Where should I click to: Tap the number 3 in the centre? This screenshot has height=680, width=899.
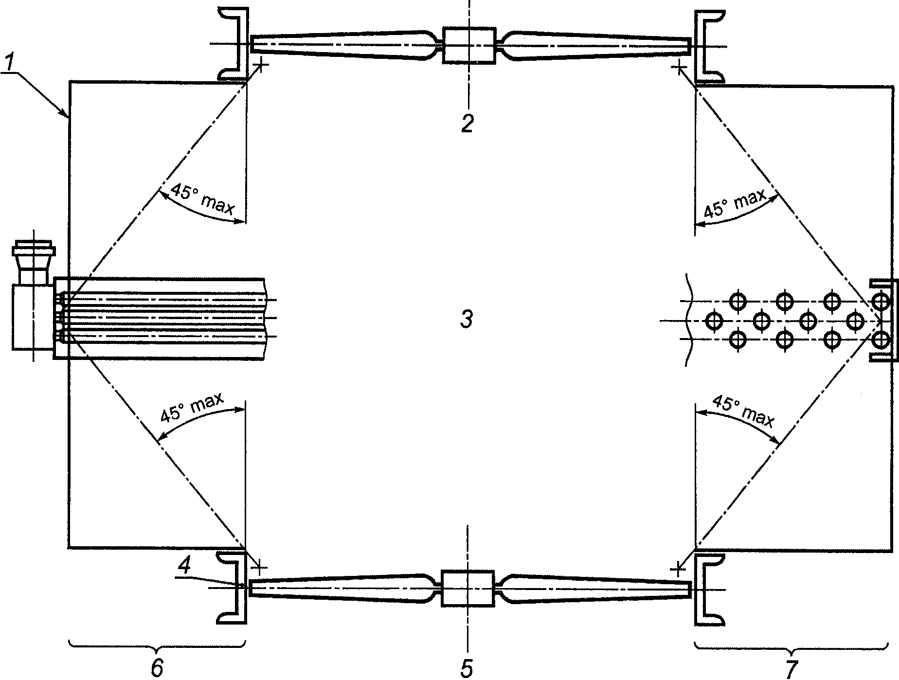[x=467, y=320]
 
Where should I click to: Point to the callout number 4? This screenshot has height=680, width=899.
[x=184, y=566]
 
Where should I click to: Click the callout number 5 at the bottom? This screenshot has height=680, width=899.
[x=467, y=668]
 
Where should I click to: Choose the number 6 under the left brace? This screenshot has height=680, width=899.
[x=157, y=668]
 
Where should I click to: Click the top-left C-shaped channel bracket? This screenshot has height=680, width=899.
[x=235, y=44]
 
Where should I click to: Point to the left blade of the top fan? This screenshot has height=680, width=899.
[x=341, y=45]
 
